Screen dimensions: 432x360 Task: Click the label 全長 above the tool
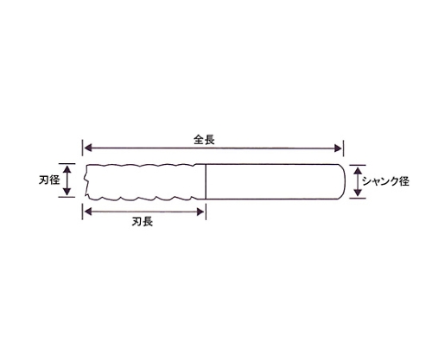(x=204, y=140)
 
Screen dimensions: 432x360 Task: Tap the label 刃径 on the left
(x=49, y=180)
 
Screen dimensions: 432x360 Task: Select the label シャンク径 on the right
(x=385, y=181)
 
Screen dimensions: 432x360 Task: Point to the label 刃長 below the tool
(x=143, y=222)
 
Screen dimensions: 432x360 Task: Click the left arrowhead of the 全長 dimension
(x=88, y=148)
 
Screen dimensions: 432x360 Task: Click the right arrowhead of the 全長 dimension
(x=338, y=148)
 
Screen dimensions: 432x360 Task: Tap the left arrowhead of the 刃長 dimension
(x=88, y=212)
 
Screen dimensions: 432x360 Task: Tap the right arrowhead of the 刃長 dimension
(x=200, y=212)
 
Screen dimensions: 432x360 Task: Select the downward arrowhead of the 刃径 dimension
(x=67, y=192)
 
